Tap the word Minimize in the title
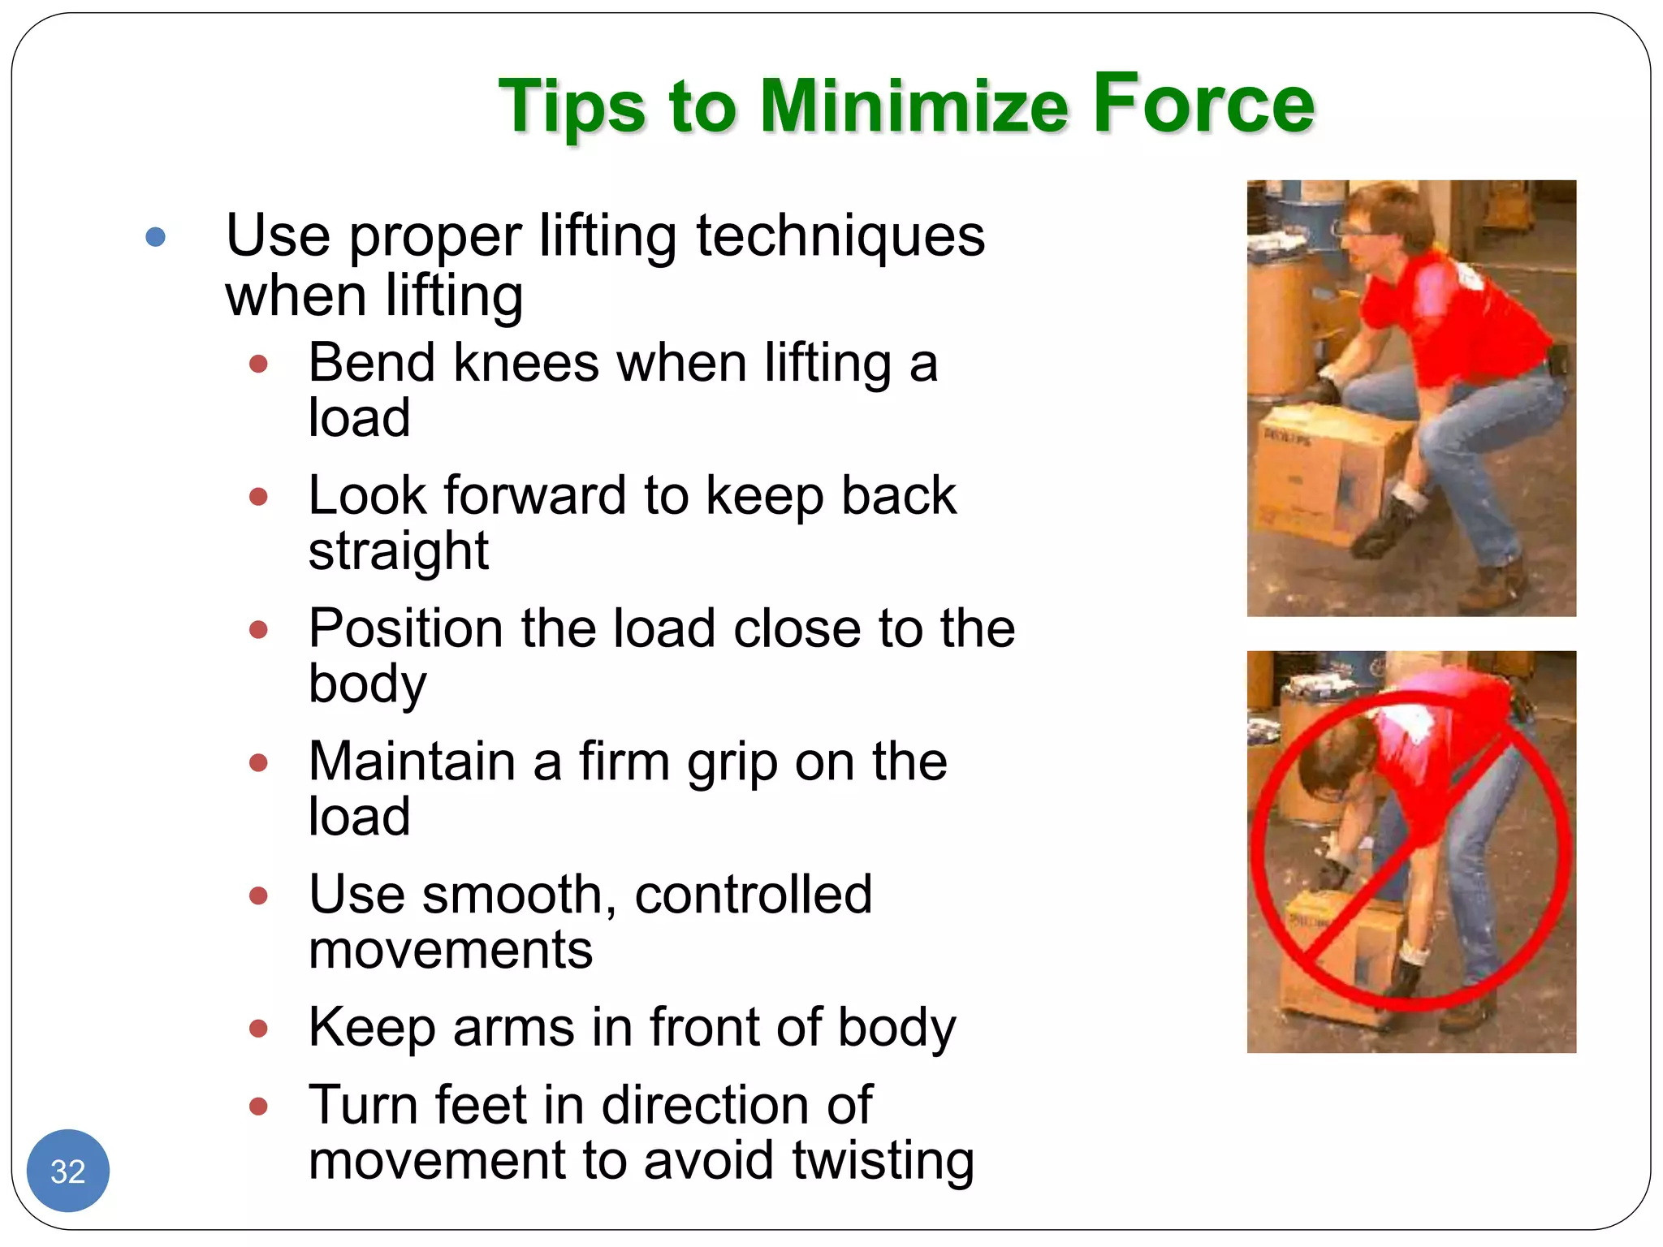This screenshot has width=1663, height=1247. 914,106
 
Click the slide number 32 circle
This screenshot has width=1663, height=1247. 68,1171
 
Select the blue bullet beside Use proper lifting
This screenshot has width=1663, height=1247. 155,237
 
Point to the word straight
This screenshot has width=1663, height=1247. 398,552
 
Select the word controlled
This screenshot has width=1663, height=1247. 753,895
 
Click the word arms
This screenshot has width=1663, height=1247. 513,1028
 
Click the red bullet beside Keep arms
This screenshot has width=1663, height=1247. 258,1029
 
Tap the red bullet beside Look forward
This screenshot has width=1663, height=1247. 258,497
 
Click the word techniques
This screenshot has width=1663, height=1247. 840,237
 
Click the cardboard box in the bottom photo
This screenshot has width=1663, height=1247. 1340,958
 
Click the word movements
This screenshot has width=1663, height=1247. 451,950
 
